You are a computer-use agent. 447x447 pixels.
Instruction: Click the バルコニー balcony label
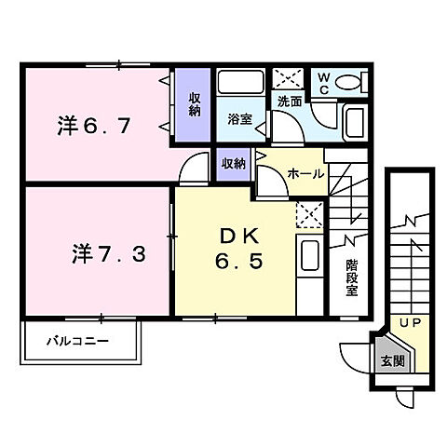pyautogui.click(x=79, y=341)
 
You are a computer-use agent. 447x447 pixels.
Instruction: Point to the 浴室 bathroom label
pyautogui.click(x=240, y=118)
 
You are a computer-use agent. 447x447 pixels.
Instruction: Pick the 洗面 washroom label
pyautogui.click(x=287, y=100)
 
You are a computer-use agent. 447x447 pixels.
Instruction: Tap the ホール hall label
pyautogui.click(x=305, y=174)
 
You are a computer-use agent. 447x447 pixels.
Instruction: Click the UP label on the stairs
pyautogui.click(x=409, y=323)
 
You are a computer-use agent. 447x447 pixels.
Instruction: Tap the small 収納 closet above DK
pyautogui.click(x=234, y=163)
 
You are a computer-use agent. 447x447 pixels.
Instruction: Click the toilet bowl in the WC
pyautogui.click(x=348, y=83)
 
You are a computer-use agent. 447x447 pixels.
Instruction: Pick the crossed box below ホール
pyautogui.click(x=307, y=215)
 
